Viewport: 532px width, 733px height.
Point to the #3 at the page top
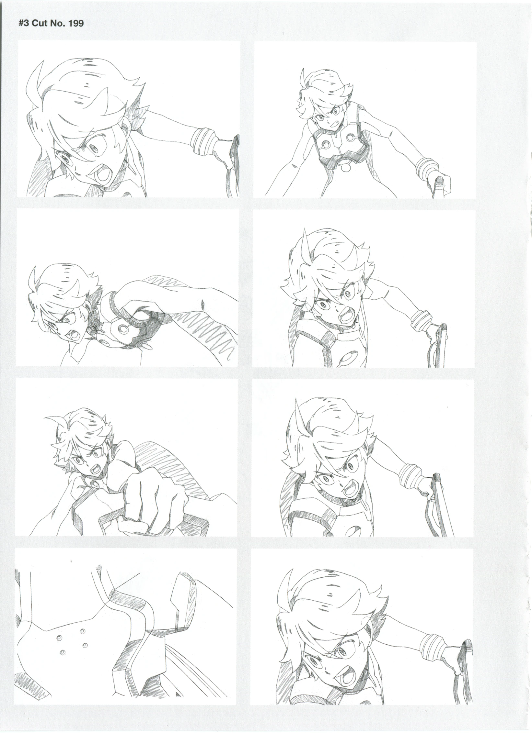(x=24, y=23)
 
